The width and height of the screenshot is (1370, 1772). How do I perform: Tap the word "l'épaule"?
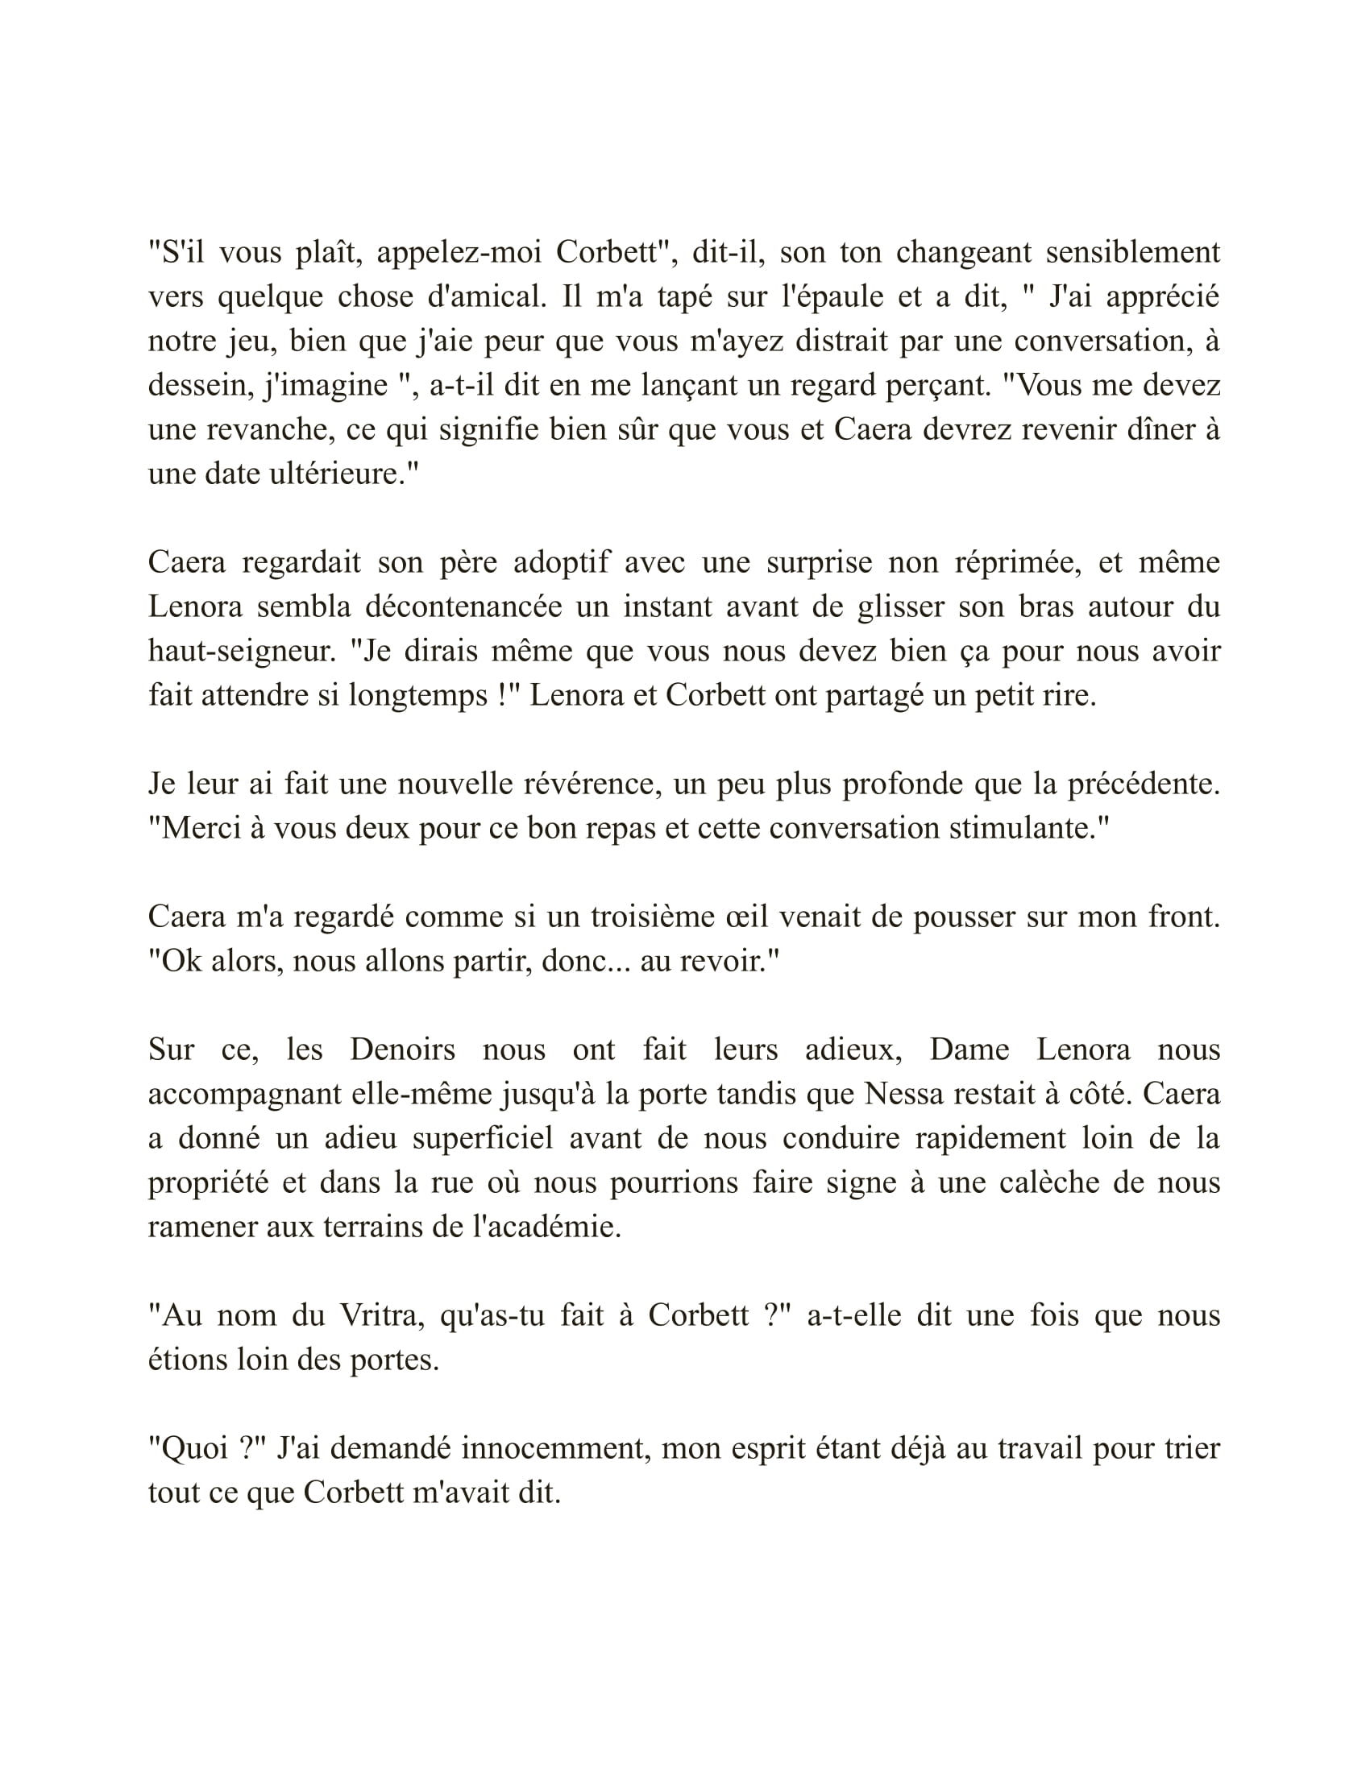click(x=831, y=297)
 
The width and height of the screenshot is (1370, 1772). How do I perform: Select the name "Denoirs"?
click(x=403, y=1050)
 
